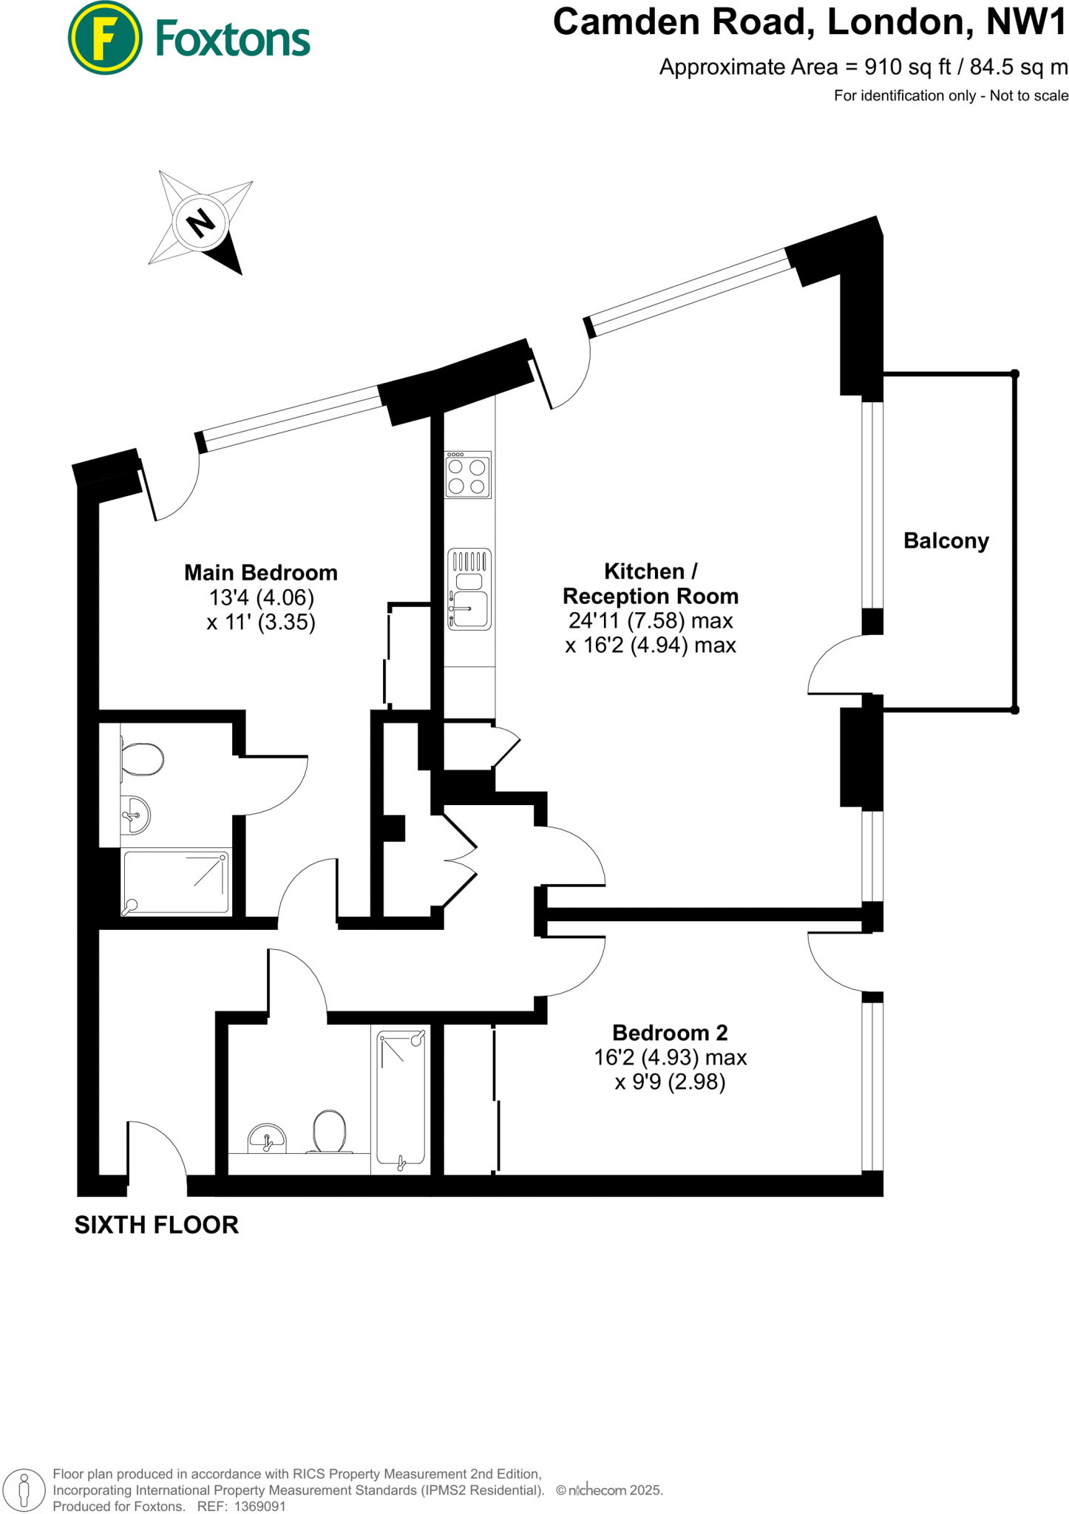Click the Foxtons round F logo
click(x=104, y=38)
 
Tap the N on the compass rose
click(x=200, y=222)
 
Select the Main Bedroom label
click(x=260, y=573)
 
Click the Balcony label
click(x=946, y=541)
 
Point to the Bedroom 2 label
click(x=670, y=1033)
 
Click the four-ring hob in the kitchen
click(x=467, y=475)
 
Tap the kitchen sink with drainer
click(x=469, y=589)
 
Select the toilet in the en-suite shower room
click(x=142, y=759)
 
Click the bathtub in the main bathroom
click(x=401, y=1099)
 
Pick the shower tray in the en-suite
click(x=176, y=882)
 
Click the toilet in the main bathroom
click(x=329, y=1132)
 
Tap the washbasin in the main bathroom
click(x=267, y=1139)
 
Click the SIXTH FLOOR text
click(x=157, y=1225)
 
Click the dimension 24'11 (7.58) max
click(x=650, y=621)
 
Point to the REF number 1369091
click(x=259, y=1507)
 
